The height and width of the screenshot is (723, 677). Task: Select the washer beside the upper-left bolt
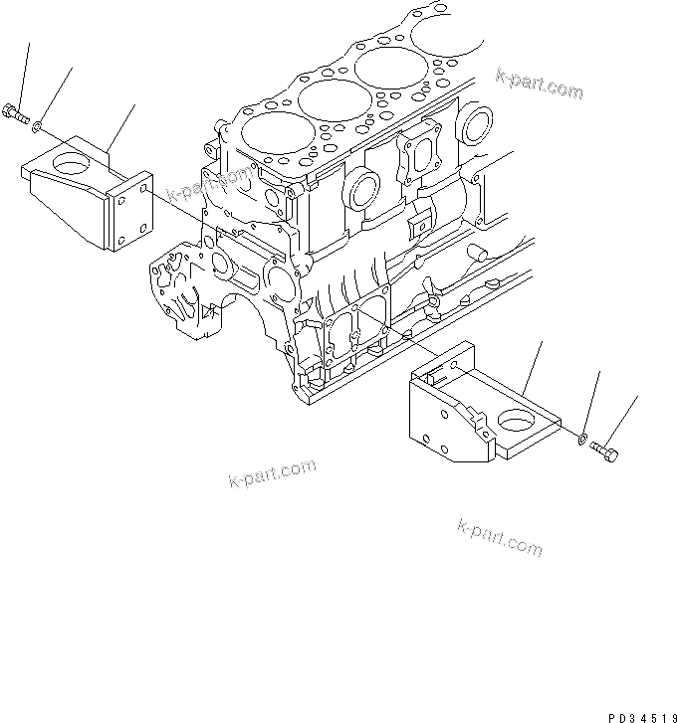(37, 126)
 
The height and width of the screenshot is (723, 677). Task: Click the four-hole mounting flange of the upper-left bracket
(132, 214)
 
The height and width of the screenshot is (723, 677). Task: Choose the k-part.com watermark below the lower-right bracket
(500, 536)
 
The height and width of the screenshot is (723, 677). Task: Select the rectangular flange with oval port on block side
(421, 154)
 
